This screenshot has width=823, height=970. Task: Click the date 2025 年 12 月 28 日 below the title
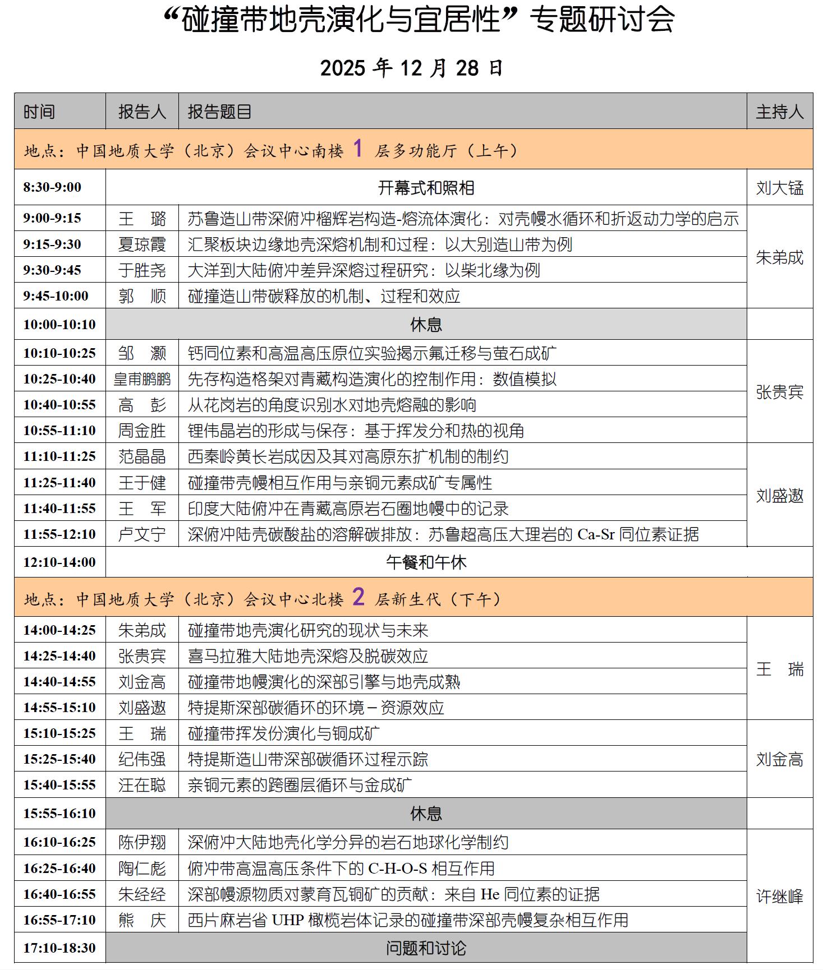411,68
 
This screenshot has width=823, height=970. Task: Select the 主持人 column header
779,112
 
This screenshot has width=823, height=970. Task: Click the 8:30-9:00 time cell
52,187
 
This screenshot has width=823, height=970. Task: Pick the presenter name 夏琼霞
142,244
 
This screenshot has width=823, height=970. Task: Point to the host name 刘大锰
779,188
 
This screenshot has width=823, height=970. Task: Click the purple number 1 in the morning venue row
358,149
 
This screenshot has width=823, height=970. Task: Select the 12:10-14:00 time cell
59,562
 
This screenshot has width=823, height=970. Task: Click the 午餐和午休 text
426,562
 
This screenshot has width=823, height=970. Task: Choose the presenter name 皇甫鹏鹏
142,379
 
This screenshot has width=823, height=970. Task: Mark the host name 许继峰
779,897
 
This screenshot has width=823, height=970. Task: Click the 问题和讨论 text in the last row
426,948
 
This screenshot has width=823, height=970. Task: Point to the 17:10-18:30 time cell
59,948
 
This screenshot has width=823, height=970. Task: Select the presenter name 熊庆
142,920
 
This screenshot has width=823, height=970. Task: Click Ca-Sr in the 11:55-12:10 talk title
596,534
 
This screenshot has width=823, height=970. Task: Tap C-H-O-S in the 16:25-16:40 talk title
398,869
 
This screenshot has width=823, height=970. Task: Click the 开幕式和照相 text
426,188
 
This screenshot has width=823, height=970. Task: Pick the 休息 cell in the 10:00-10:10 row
426,325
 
